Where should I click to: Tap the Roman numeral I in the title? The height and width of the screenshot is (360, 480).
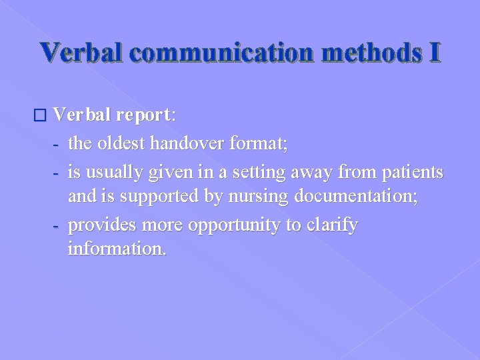434,53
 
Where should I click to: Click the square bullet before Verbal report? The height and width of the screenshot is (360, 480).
43,115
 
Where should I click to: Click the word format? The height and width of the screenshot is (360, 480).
263,143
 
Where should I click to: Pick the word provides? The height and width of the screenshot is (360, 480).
99,225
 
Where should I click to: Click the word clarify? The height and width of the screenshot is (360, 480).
332,225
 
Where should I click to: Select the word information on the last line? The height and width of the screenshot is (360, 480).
117,251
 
